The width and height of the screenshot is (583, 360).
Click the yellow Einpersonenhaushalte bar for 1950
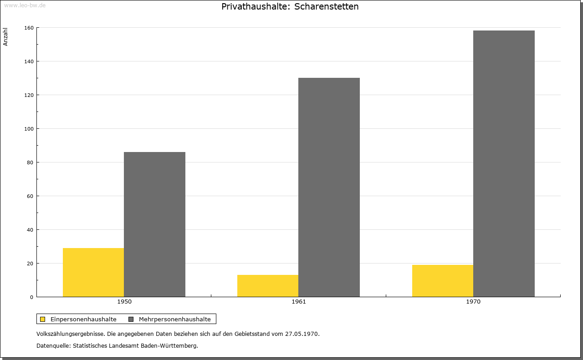93,272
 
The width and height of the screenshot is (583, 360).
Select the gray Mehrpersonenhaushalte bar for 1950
154,224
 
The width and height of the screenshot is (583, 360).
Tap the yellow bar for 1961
268,286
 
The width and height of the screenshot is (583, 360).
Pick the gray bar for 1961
329,188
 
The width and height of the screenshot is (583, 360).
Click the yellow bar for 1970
443,281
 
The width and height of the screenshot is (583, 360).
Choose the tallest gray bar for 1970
504,163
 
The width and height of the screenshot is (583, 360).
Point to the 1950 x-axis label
124,302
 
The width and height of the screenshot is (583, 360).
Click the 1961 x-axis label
299,302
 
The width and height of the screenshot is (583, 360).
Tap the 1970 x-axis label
473,302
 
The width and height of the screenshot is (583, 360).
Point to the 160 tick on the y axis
29,28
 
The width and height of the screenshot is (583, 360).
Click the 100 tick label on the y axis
29,129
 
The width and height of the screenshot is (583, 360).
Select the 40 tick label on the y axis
30,230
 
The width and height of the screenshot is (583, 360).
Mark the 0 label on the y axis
32,297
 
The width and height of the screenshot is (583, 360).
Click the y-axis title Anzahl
5,37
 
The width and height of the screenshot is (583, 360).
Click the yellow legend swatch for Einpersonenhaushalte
42,319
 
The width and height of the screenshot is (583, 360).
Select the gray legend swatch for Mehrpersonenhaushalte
131,319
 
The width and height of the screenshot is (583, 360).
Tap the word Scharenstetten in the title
327,6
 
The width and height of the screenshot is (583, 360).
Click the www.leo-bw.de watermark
25,5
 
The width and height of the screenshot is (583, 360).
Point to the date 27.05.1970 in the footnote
302,334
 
